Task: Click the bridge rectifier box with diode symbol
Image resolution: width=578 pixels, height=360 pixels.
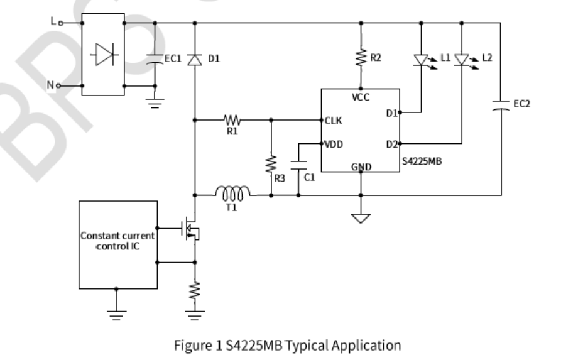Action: (x=103, y=55)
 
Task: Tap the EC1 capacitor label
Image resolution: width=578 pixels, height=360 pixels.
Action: (x=173, y=58)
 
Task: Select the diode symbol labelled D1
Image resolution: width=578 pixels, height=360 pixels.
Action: (x=194, y=59)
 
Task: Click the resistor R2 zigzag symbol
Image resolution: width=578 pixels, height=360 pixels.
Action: (x=361, y=58)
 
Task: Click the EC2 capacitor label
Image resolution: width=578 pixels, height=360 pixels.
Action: (x=521, y=104)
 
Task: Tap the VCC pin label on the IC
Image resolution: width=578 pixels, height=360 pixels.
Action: (x=361, y=97)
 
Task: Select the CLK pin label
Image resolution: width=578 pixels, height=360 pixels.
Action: (x=333, y=121)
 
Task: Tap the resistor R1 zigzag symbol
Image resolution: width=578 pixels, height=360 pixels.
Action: (x=232, y=119)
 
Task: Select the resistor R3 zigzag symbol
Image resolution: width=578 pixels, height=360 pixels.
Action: (x=271, y=165)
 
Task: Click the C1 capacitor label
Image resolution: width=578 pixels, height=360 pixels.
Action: (x=309, y=178)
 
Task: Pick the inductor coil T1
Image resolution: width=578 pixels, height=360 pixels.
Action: (x=232, y=191)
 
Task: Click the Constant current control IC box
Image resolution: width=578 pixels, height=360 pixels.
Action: (x=117, y=244)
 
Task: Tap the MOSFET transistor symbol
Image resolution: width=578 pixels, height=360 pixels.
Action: (x=190, y=231)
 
